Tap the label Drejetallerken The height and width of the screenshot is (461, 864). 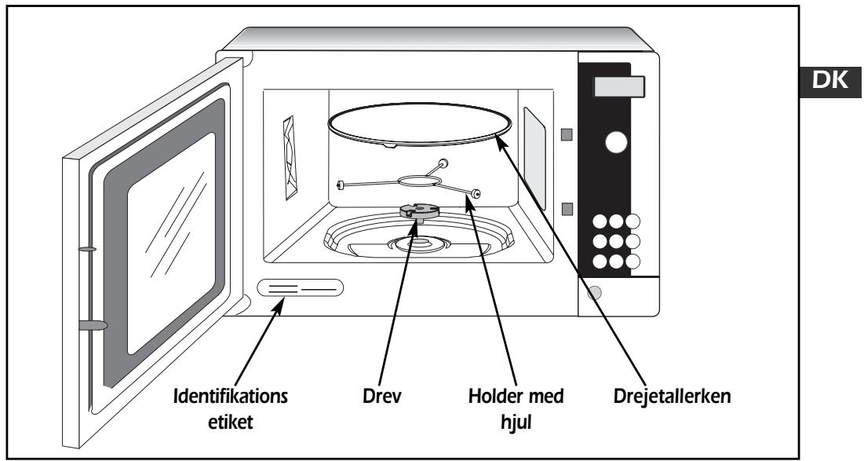(x=673, y=396)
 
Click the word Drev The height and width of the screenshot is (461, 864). (x=382, y=396)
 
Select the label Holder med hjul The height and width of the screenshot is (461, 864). (x=516, y=409)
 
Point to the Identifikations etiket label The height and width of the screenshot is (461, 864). (x=231, y=409)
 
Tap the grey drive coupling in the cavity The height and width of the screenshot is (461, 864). (x=419, y=210)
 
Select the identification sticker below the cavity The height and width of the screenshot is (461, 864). (x=301, y=288)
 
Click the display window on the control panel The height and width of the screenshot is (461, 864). (x=619, y=86)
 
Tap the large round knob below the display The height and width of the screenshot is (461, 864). (x=616, y=142)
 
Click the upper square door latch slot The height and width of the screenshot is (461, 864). (x=567, y=134)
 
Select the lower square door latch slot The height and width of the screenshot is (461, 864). (x=567, y=209)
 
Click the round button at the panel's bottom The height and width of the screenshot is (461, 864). (x=594, y=292)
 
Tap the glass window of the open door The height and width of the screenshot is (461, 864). (x=171, y=243)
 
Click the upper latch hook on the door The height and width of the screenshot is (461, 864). (x=87, y=249)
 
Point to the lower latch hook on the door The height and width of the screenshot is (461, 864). (x=93, y=325)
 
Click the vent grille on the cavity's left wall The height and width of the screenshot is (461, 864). (x=290, y=157)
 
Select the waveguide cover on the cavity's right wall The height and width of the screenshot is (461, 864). (x=534, y=159)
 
